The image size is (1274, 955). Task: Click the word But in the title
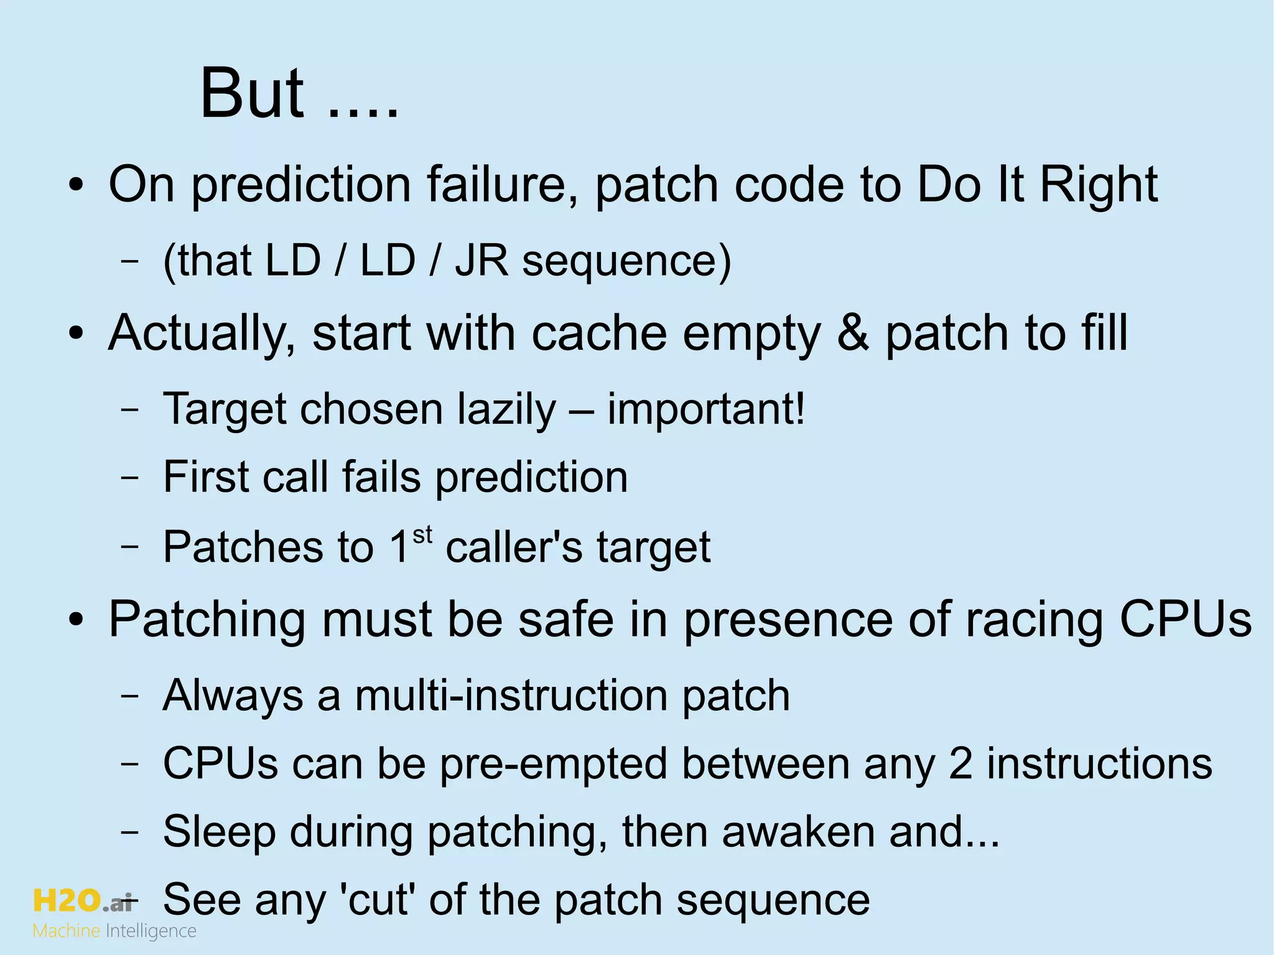pyautogui.click(x=252, y=95)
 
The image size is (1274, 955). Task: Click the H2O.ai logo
pyautogui.click(x=83, y=900)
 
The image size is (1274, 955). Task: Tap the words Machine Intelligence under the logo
pyautogui.click(x=114, y=931)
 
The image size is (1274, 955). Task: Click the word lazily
pyautogui.click(x=506, y=410)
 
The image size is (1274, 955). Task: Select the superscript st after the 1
pyautogui.click(x=422, y=535)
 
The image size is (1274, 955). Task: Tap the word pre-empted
pyautogui.click(x=553, y=763)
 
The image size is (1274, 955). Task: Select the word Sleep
pyautogui.click(x=219, y=832)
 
